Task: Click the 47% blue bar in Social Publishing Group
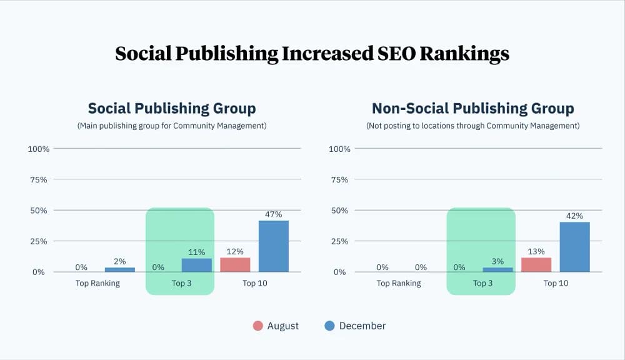pyautogui.click(x=274, y=246)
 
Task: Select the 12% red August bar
pyautogui.click(x=235, y=265)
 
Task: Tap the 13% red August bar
pyautogui.click(x=536, y=265)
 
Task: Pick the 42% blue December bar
pyautogui.click(x=574, y=247)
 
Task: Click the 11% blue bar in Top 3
pyautogui.click(x=197, y=265)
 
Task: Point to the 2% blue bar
pyautogui.click(x=119, y=269)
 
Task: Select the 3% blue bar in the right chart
pyautogui.click(x=497, y=269)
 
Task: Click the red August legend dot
pyautogui.click(x=257, y=326)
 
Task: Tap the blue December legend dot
pyautogui.click(x=330, y=326)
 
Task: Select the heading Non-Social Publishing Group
pyautogui.click(x=472, y=108)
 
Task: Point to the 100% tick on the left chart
pyautogui.click(x=38, y=149)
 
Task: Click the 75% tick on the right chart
pyautogui.click(x=339, y=179)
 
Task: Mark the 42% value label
pyautogui.click(x=574, y=216)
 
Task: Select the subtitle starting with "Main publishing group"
pyautogui.click(x=172, y=126)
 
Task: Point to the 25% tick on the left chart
pyautogui.click(x=38, y=241)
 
